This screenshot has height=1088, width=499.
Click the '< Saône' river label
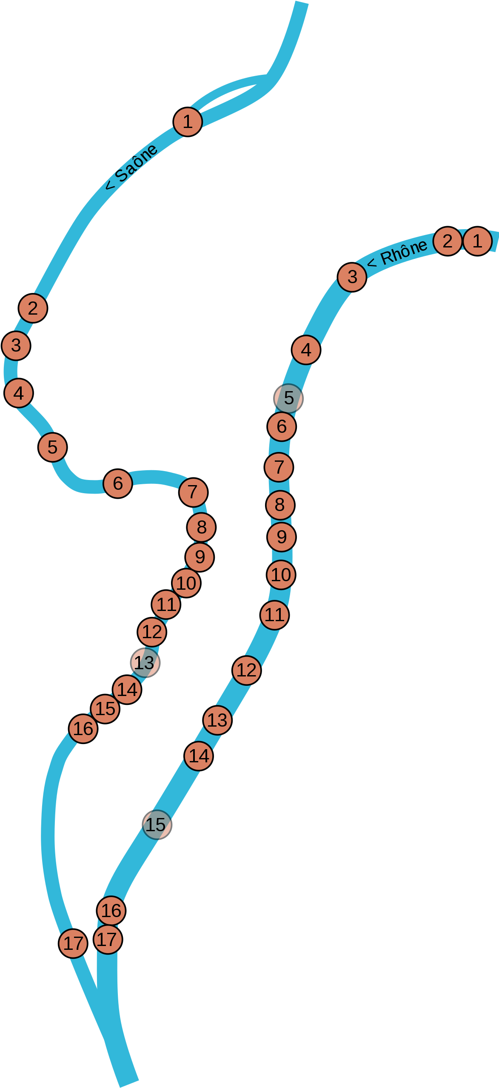click(x=131, y=167)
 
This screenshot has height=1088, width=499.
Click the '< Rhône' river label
click(x=397, y=253)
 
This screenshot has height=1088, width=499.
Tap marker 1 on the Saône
click(x=188, y=122)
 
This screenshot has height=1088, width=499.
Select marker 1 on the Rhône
click(x=477, y=241)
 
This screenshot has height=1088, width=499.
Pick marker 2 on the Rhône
click(x=448, y=241)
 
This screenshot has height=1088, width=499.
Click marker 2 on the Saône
click(x=33, y=308)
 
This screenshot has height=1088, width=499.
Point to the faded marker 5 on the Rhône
click(x=288, y=398)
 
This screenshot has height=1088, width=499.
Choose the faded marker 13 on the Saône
click(x=145, y=663)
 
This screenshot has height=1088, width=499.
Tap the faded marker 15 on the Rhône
click(x=157, y=825)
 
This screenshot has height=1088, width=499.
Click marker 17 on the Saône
click(x=73, y=943)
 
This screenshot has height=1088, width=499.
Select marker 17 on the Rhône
click(x=108, y=939)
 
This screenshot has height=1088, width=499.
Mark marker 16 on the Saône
click(x=83, y=729)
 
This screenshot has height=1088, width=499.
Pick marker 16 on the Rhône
click(x=111, y=911)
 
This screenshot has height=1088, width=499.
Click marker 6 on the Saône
click(x=118, y=483)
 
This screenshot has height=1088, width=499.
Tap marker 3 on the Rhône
click(x=352, y=277)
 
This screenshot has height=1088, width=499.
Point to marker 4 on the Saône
click(x=19, y=393)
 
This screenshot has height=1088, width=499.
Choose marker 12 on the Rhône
click(x=247, y=670)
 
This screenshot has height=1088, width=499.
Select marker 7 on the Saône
click(x=194, y=492)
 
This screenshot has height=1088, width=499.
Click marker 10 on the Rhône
click(x=281, y=575)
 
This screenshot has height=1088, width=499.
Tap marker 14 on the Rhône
click(x=199, y=756)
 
